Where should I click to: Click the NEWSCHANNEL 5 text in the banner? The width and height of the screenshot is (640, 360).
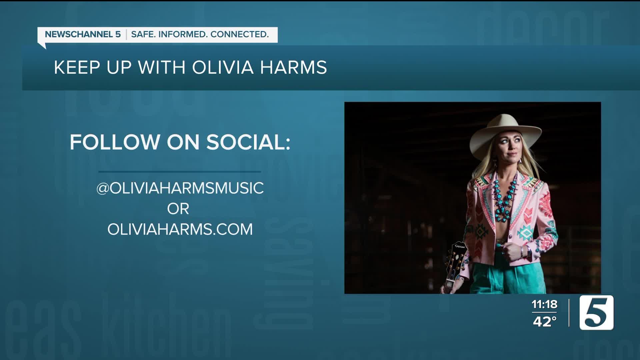click(83, 34)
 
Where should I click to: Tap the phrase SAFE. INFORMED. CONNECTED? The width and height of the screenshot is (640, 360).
click(200, 34)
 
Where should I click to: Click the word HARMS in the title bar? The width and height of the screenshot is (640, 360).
click(293, 67)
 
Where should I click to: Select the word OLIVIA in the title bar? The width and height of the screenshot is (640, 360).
click(223, 67)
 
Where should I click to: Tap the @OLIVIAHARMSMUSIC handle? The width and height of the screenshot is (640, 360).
click(180, 188)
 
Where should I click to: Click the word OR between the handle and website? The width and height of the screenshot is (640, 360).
click(178, 209)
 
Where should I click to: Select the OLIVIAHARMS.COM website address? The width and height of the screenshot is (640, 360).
click(180, 229)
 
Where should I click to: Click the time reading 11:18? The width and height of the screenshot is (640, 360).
click(544, 304)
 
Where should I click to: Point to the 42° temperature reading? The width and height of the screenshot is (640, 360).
click(545, 322)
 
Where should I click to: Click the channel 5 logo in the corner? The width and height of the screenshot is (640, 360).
click(596, 313)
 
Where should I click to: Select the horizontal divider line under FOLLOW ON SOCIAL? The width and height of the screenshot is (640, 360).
click(180, 172)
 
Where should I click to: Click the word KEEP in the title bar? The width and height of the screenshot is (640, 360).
click(77, 67)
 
